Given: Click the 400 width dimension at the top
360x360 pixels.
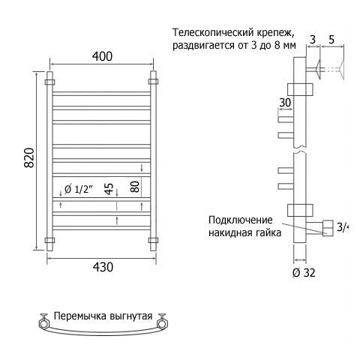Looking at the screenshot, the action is tap(102, 56).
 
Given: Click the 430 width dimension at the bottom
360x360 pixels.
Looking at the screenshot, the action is tap(103, 267).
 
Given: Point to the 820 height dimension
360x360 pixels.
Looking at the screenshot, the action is tap(29, 157).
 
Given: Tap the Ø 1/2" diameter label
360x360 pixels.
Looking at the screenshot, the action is tap(79, 189).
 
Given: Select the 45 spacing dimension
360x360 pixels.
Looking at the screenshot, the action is tap(109, 189).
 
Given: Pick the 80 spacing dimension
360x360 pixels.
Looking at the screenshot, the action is tap(135, 187).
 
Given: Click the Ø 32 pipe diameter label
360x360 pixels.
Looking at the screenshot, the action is tap(304, 273).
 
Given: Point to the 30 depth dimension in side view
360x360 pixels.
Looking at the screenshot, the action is tap(285, 103).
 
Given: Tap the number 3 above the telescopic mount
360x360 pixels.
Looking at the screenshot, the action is tap(313, 40).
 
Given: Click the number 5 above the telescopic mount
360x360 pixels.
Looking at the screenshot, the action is tap(331, 40).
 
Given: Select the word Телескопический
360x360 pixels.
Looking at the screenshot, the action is tap(213, 33).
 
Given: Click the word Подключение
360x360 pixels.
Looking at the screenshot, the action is tap(241, 220).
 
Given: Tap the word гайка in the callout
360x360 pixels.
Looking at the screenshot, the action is tap(268, 233).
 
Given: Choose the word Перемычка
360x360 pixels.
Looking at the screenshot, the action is tap(80, 316).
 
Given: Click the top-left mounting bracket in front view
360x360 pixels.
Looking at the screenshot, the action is tap(49, 82).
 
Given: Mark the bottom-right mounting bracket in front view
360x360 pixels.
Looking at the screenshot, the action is tap(153, 241).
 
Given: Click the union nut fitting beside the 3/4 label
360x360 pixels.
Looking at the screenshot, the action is tap(328, 228).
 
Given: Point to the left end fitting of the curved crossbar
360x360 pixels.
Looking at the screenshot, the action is tap(44, 322).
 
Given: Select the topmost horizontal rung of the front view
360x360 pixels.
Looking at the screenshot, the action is tap(101, 94).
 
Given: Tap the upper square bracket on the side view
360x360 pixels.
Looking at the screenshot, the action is tap(300, 89).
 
